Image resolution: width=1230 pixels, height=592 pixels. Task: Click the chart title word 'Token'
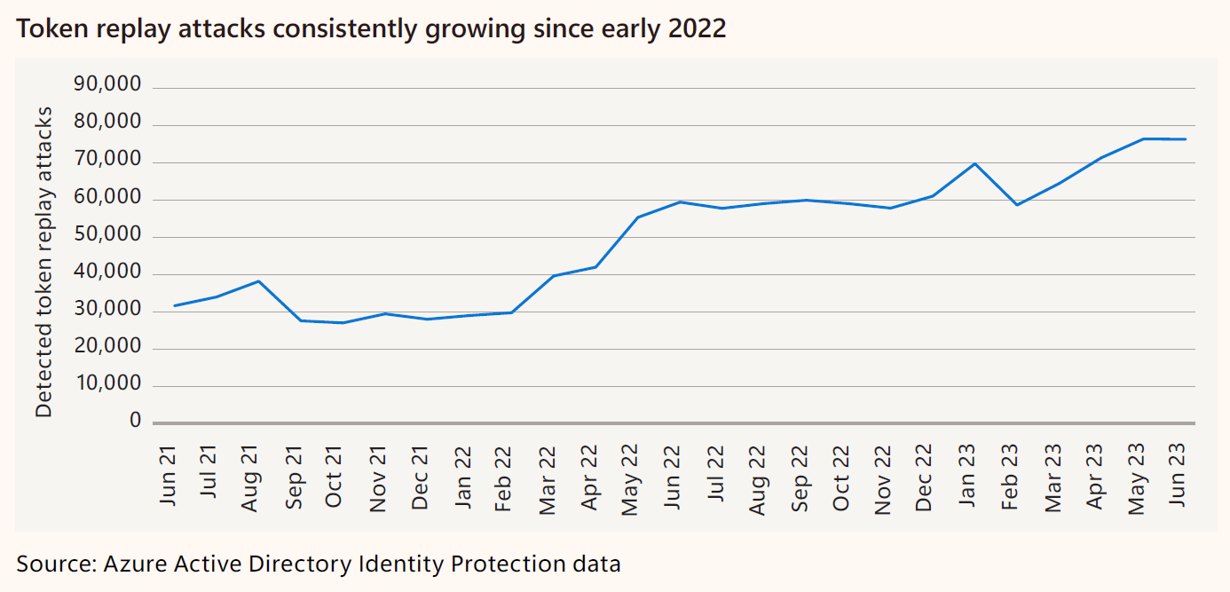(52, 28)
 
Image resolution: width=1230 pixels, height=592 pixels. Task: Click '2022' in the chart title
(697, 28)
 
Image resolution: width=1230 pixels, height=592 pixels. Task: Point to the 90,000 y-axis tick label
(107, 84)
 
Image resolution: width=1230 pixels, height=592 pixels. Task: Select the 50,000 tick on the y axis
(107, 234)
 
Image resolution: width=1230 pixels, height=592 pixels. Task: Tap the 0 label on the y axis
(136, 421)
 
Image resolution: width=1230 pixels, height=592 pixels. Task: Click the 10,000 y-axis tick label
(109, 383)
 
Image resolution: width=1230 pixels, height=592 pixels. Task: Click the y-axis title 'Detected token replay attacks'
(43, 262)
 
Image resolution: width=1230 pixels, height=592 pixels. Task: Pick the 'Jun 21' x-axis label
(168, 476)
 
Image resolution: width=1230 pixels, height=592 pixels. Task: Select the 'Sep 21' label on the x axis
(294, 478)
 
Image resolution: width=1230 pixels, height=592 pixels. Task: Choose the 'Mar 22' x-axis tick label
(548, 479)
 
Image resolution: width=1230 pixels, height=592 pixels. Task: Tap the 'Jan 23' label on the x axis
(966, 476)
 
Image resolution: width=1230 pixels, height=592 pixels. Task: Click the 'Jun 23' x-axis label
(1177, 476)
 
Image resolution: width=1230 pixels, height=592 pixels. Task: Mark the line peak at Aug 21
(258, 281)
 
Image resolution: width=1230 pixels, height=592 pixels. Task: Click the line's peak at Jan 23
(974, 163)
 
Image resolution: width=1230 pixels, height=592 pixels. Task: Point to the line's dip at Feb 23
(1017, 205)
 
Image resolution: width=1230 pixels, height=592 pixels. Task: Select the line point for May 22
(638, 217)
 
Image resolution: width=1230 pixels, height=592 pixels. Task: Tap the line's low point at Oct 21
(343, 323)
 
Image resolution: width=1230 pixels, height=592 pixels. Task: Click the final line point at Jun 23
(1186, 139)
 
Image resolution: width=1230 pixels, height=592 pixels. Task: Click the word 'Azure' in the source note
(135, 564)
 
